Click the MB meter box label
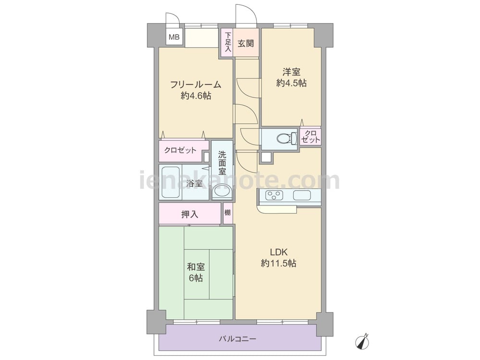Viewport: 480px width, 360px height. [175, 37]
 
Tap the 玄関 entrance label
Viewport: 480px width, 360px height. [246, 43]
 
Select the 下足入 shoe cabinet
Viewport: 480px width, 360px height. [227, 42]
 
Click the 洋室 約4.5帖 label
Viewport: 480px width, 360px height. [291, 78]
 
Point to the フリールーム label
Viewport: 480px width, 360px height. [196, 84]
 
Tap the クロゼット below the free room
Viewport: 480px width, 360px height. [180, 150]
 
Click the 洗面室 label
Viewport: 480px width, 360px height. [222, 163]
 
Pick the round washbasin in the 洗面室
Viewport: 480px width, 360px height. [222, 192]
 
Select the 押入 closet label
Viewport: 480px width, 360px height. [190, 214]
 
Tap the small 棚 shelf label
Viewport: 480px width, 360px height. [228, 213]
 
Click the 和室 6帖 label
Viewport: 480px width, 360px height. [196, 272]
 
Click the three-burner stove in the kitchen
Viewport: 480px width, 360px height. [274, 195]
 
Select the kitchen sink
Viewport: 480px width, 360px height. [302, 195]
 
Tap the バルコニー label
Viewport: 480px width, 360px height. [237, 339]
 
